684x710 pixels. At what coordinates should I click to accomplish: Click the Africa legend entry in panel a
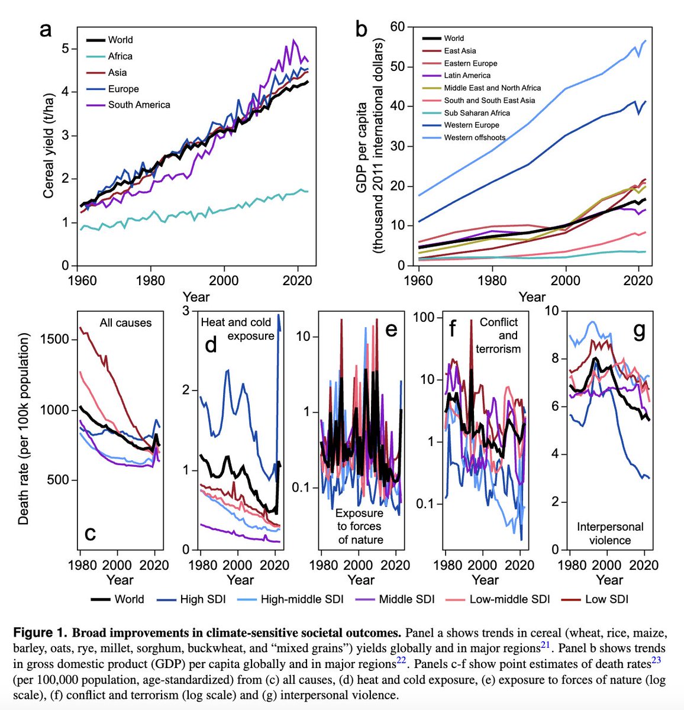120,56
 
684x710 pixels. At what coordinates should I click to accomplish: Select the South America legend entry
138,105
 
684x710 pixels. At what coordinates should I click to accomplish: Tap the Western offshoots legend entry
475,137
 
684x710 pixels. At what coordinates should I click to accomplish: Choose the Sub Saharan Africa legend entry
477,112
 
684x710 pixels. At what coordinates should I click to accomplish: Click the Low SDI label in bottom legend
606,599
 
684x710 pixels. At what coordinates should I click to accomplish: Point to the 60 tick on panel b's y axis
397,27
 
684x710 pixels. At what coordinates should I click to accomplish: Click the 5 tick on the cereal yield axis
65,48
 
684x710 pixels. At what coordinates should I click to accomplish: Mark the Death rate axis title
23,429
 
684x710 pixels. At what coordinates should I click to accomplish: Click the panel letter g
639,331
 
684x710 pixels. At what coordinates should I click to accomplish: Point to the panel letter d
211,344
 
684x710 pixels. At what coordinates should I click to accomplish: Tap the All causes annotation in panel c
125,323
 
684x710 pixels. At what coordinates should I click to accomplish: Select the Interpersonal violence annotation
609,533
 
